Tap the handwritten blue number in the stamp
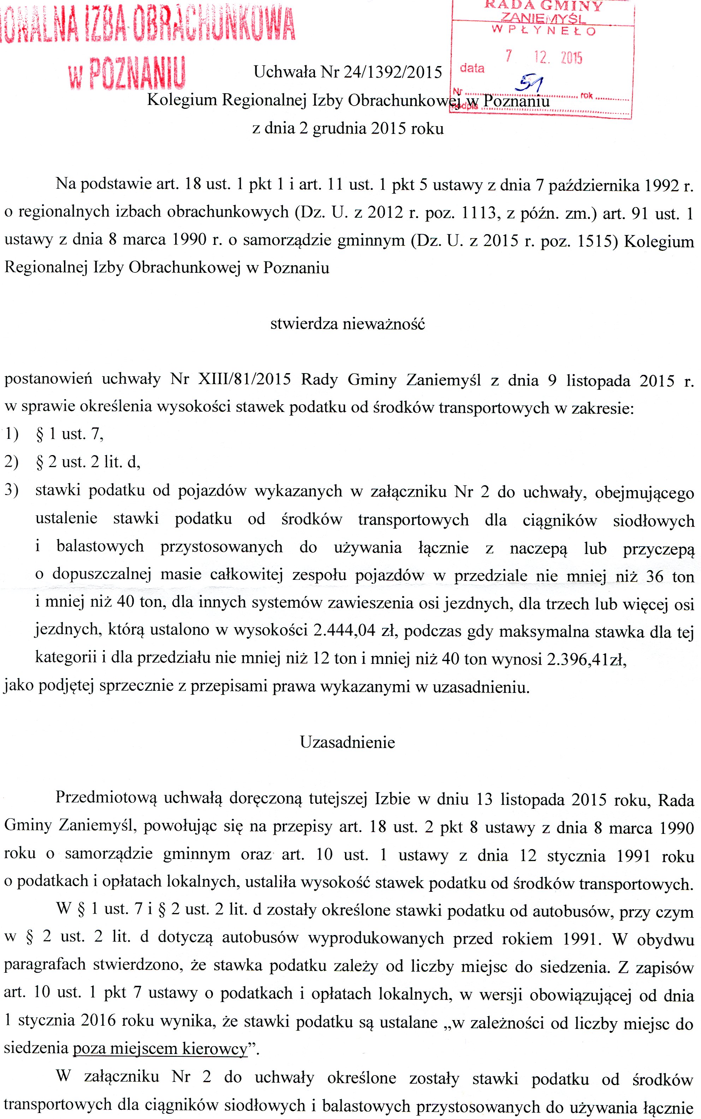(x=531, y=83)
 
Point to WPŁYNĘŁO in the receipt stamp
(x=543, y=31)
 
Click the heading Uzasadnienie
(x=347, y=742)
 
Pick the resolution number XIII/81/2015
(x=244, y=379)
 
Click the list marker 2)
(x=11, y=462)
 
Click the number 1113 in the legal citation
(x=479, y=212)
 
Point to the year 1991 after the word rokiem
(x=581, y=938)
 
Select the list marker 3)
(x=11, y=490)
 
